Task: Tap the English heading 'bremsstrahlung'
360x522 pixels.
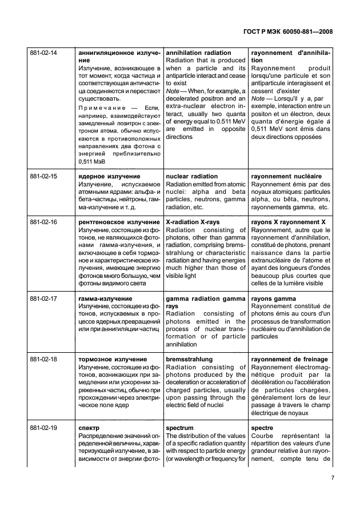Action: coord(189,359)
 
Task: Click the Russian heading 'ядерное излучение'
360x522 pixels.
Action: coord(108,177)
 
